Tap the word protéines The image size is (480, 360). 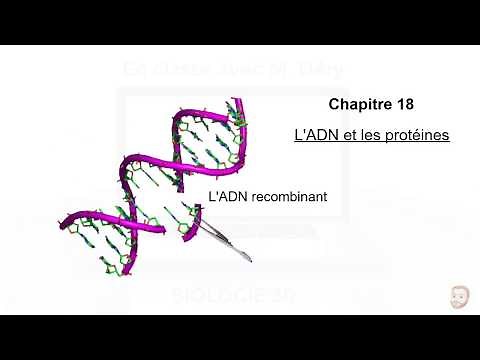tap(413, 133)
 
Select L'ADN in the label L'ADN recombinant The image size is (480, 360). tap(228, 197)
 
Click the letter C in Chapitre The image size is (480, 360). tap(334, 103)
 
